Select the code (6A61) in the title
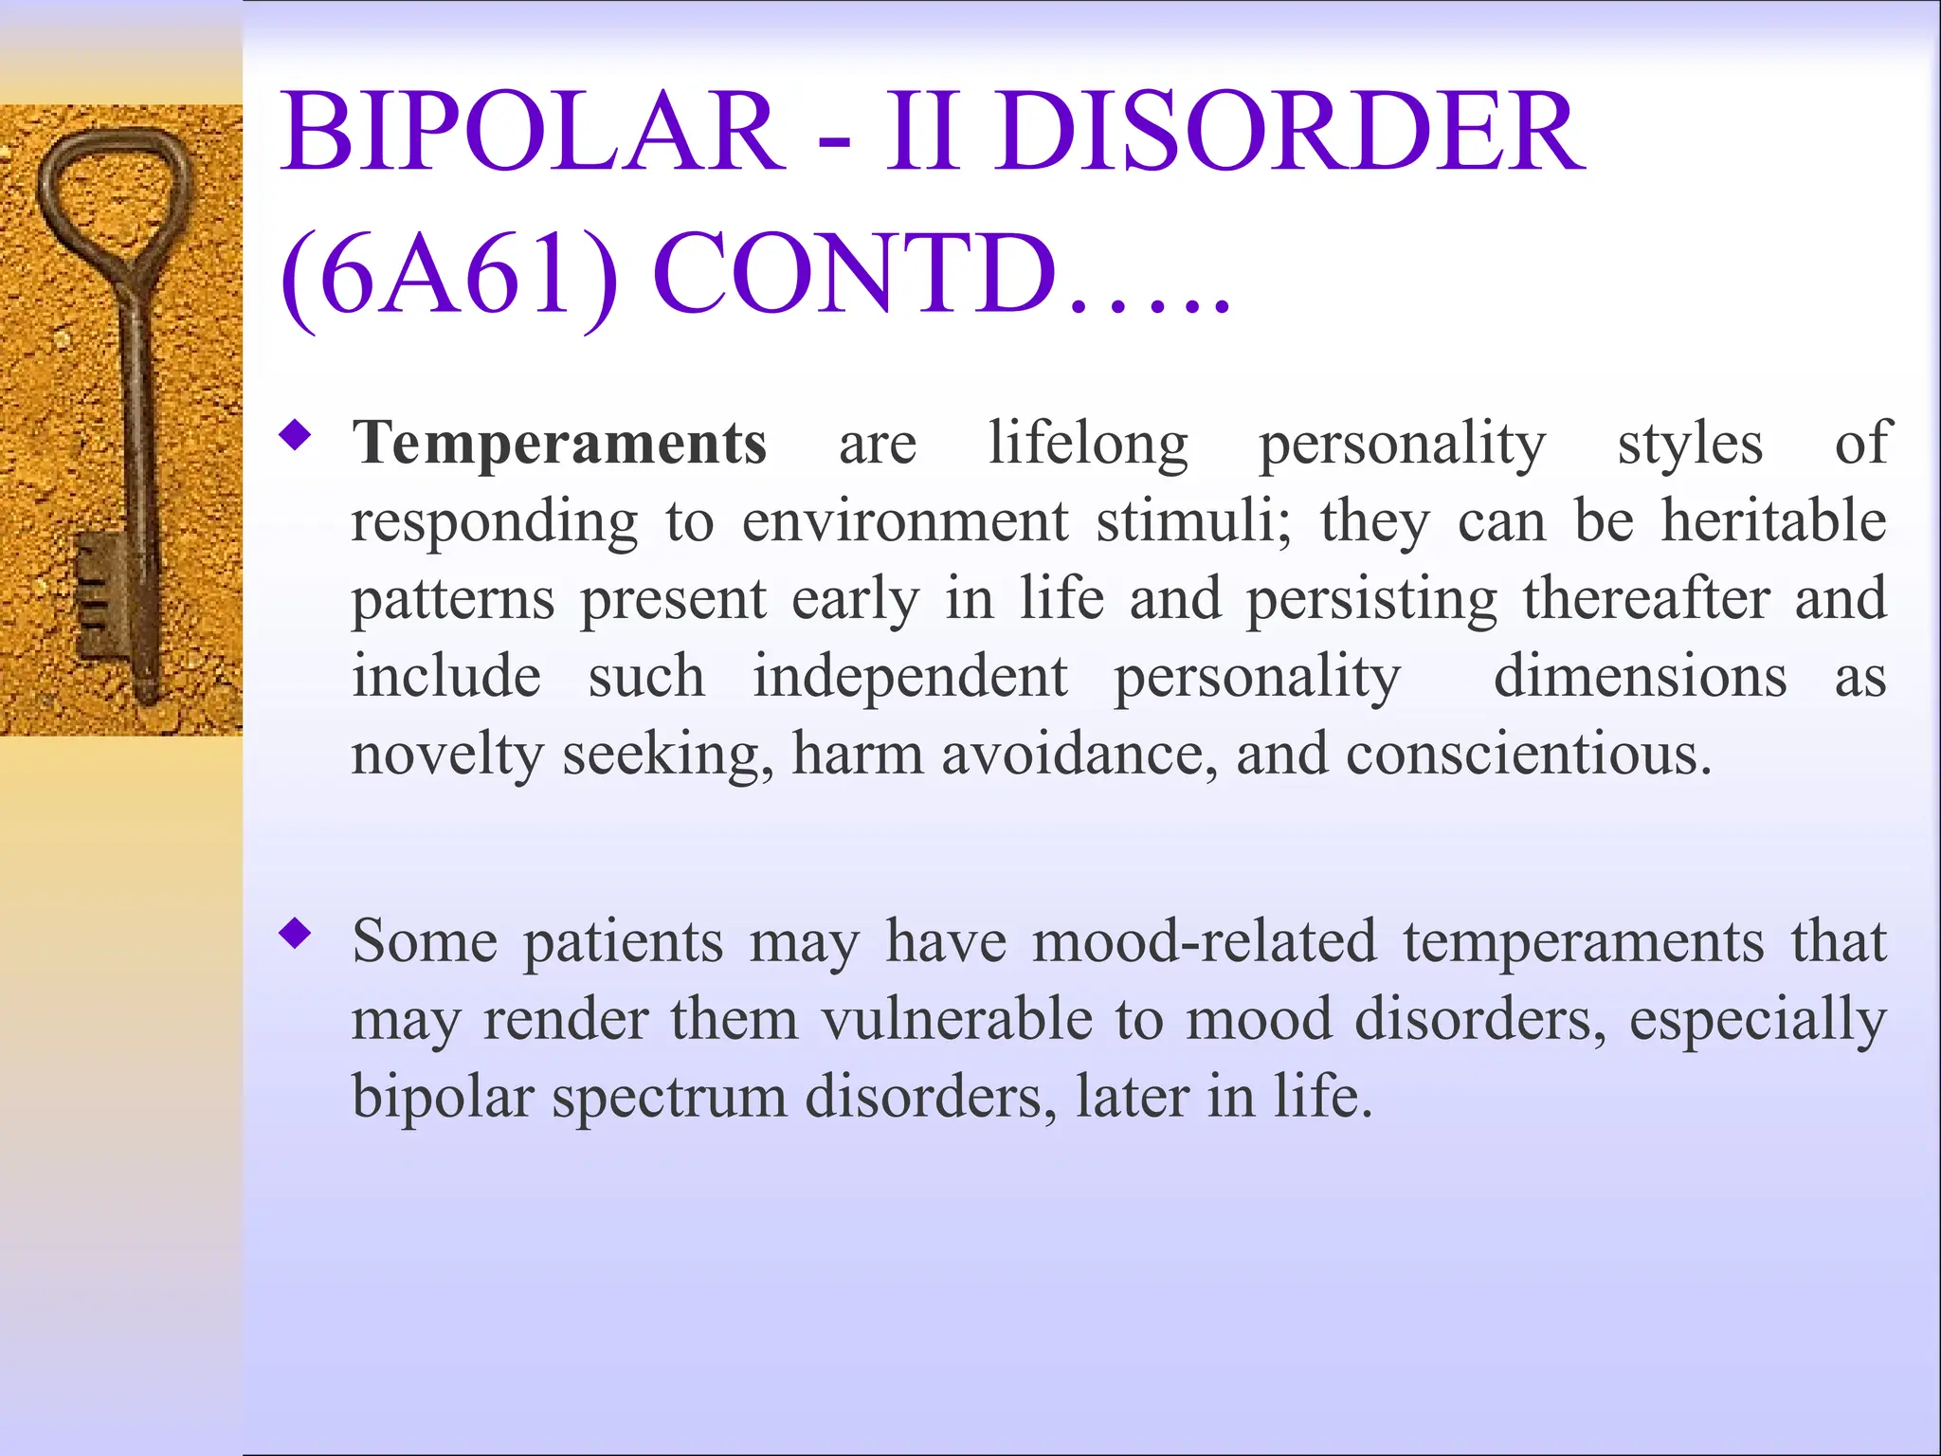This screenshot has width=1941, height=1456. (x=449, y=275)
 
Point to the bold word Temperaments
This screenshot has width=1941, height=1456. (x=559, y=444)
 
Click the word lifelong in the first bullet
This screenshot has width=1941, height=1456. (x=1088, y=444)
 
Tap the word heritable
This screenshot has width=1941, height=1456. (x=1773, y=521)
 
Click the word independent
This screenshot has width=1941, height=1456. (x=910, y=677)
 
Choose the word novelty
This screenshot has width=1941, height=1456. (x=445, y=755)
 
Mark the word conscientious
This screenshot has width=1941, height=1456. (x=1529, y=755)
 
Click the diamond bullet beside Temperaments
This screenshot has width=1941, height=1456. (x=296, y=436)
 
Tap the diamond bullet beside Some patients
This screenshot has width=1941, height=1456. (x=296, y=935)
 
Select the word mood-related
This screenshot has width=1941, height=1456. (x=1204, y=942)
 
